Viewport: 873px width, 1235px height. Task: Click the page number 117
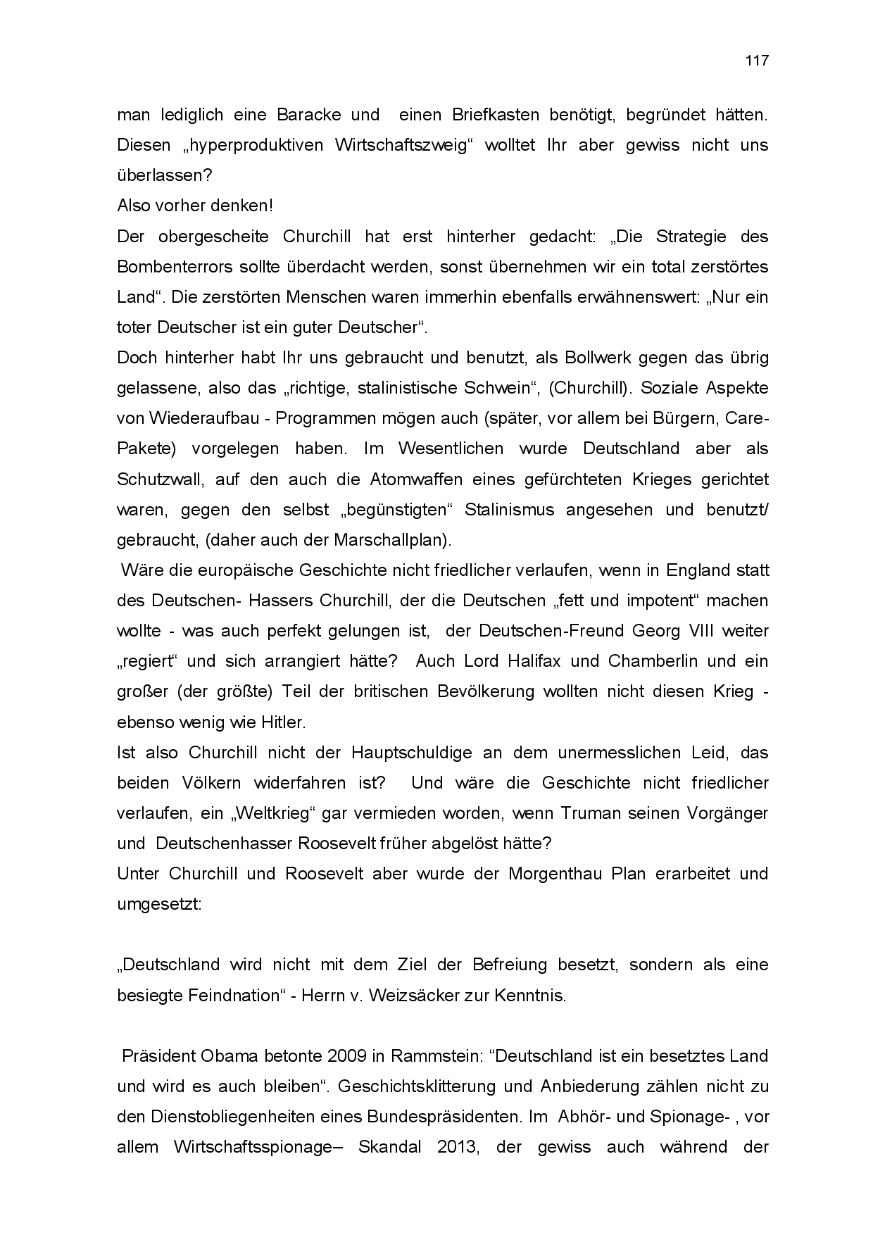[x=757, y=61]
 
